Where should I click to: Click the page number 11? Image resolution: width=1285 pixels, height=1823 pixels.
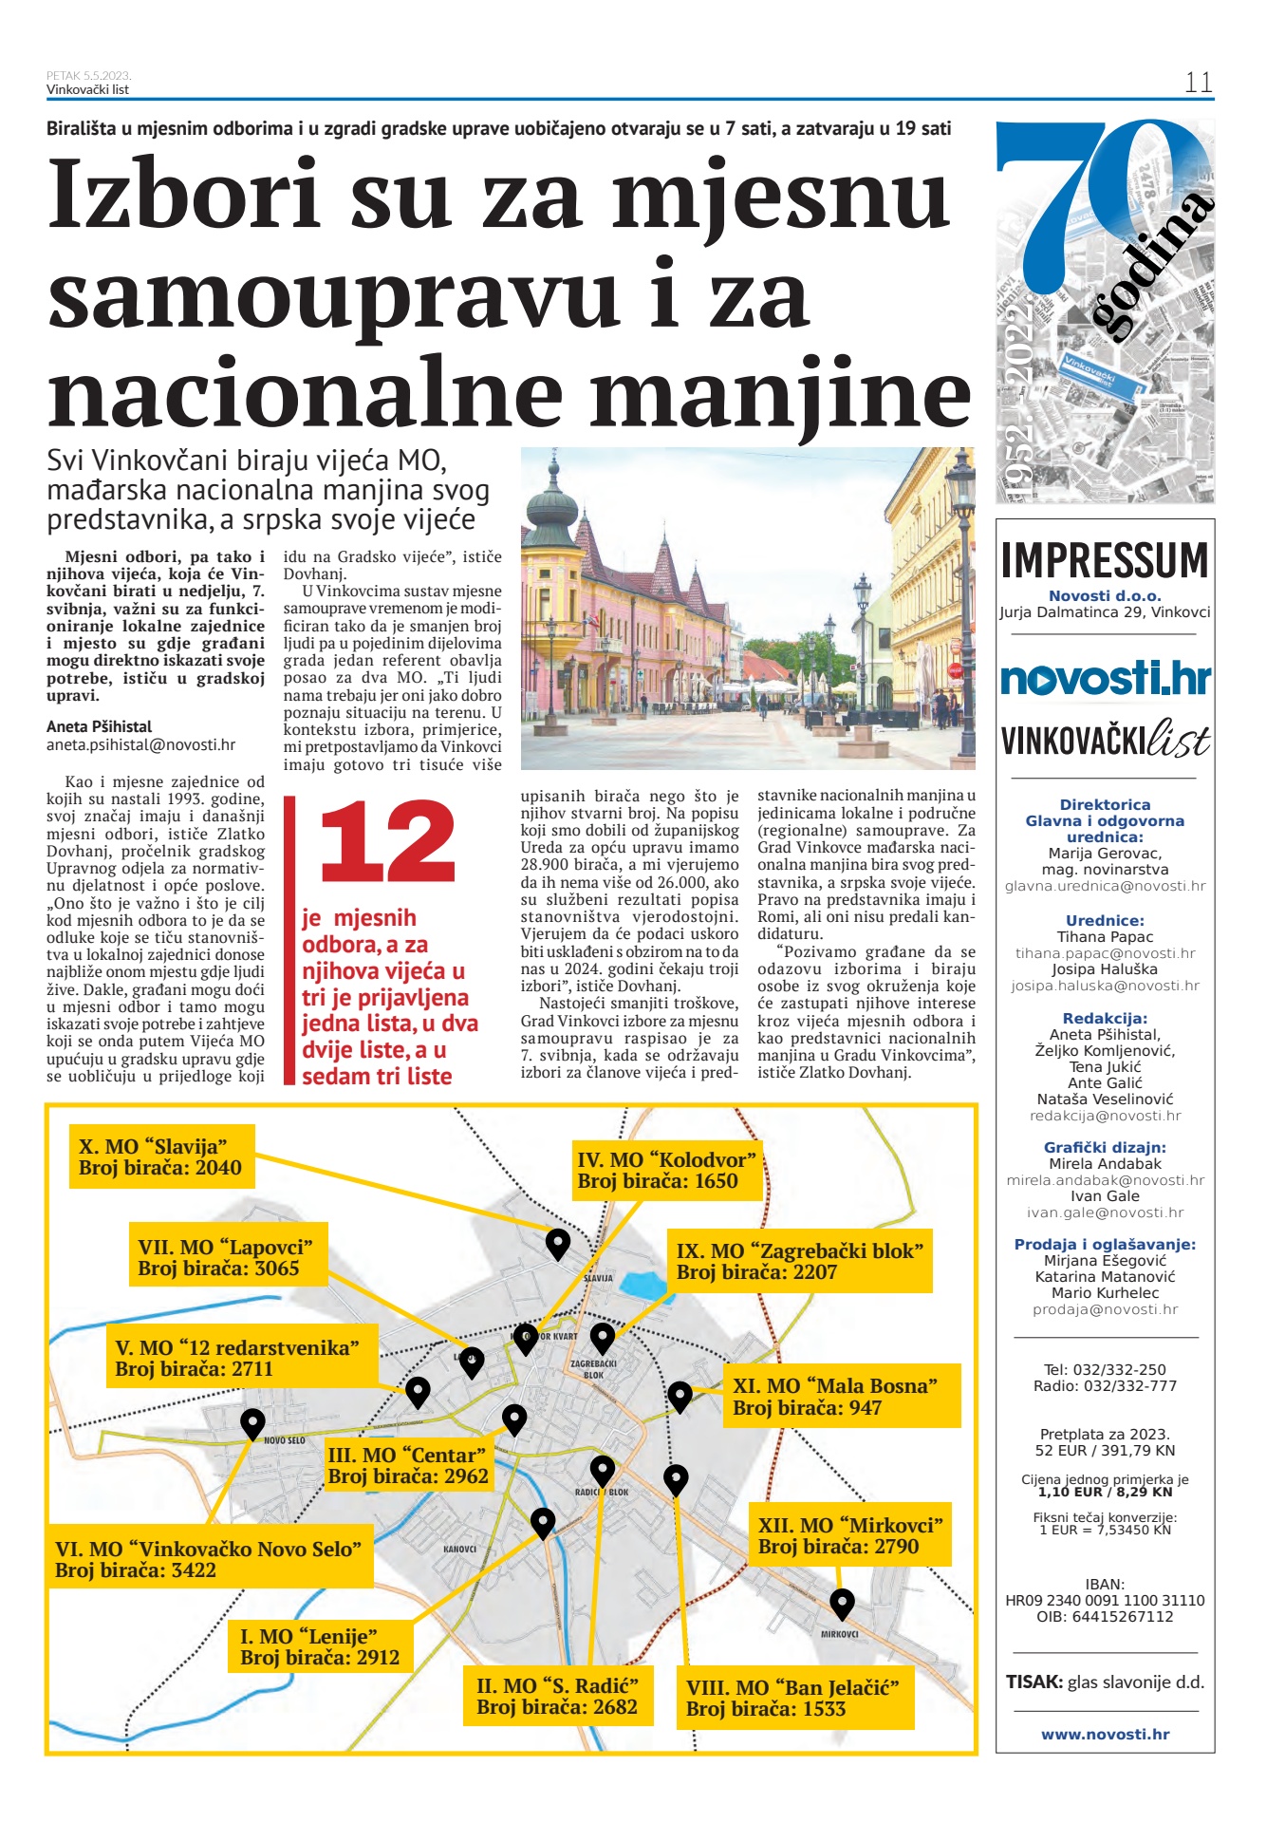(1198, 83)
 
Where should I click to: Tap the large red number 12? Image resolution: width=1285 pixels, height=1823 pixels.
(387, 841)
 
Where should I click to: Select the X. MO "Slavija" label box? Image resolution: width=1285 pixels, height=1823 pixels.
(161, 1156)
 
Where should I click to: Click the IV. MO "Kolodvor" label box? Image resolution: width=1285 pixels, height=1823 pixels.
(666, 1170)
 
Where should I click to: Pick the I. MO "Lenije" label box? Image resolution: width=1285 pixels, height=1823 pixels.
(320, 1646)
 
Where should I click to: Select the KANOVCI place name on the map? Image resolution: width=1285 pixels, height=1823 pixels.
(460, 1549)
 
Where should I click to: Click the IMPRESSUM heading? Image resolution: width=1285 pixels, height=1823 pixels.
(1105, 560)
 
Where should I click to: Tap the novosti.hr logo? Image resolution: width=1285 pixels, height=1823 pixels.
(1106, 678)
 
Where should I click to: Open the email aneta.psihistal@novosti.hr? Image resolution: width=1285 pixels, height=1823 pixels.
(141, 745)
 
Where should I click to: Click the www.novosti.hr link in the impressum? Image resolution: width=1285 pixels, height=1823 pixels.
(1105, 1734)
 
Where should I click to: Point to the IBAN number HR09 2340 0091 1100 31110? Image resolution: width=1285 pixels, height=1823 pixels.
(1105, 1600)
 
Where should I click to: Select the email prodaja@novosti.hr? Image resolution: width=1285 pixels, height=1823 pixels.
(1105, 1309)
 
